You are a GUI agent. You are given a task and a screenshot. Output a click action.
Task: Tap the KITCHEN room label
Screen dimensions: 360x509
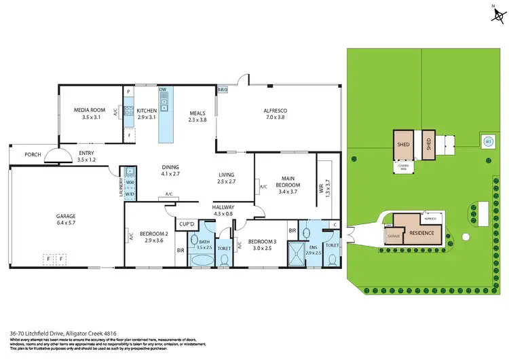point(147,110)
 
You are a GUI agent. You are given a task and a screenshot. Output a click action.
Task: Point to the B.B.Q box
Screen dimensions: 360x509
point(222,90)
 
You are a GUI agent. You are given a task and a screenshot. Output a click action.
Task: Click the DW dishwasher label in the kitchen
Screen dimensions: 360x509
point(163,90)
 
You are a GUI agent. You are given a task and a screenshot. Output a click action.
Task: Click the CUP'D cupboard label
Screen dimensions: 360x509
point(187,223)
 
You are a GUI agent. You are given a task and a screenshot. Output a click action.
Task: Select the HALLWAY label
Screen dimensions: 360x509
point(223,207)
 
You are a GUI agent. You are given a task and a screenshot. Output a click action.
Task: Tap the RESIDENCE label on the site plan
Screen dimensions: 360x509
point(421,232)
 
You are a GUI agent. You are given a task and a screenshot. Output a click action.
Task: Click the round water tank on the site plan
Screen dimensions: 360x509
point(487,142)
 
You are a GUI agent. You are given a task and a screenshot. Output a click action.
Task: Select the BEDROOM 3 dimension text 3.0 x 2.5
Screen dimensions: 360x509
point(260,249)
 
